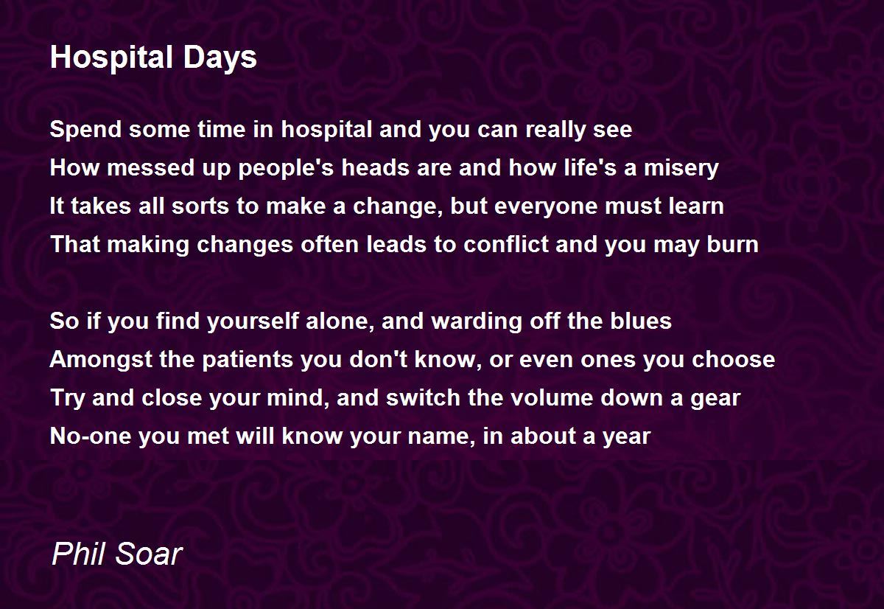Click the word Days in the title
[x=220, y=58]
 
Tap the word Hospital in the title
[x=112, y=58]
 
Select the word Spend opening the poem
[x=85, y=130]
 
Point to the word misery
[x=681, y=169]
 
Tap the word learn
[x=696, y=206]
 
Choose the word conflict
[x=505, y=244]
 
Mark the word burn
[x=732, y=244]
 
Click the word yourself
[x=253, y=321]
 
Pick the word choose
[x=733, y=359]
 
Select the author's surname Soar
[x=148, y=554]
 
